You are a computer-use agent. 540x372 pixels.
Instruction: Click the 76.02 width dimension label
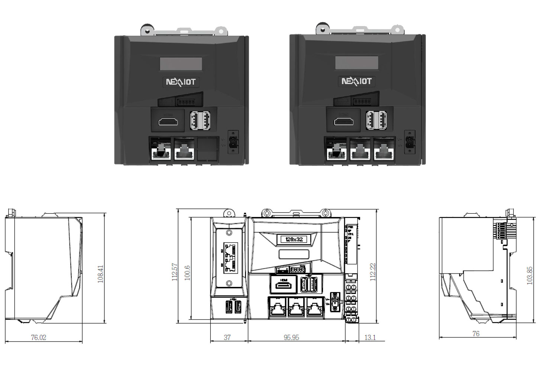(39, 337)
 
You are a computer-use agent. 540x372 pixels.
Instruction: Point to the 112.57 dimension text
(175, 272)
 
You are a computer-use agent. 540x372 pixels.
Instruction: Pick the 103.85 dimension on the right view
(529, 275)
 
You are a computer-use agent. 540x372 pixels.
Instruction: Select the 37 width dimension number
(227, 337)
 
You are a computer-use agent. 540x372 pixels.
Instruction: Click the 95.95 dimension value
(291, 337)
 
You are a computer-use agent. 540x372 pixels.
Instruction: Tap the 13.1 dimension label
(370, 337)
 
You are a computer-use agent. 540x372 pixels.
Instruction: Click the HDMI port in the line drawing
(284, 285)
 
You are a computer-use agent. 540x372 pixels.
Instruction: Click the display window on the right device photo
(357, 63)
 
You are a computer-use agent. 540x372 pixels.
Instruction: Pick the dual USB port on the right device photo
(376, 121)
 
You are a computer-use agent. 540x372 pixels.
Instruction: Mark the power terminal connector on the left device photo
(233, 142)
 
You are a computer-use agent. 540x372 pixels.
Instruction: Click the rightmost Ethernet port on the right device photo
(384, 150)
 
